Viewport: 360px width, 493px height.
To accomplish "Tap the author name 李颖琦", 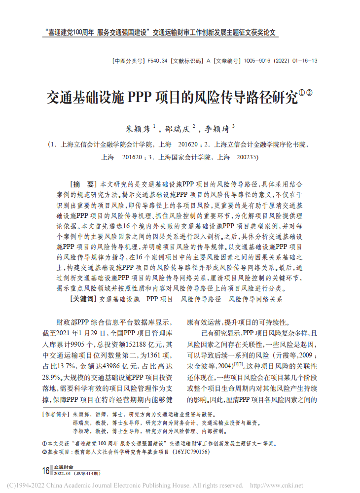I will pyautogui.click(x=217, y=130).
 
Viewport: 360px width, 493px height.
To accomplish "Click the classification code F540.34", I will pyautogui.click(x=158, y=61).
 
